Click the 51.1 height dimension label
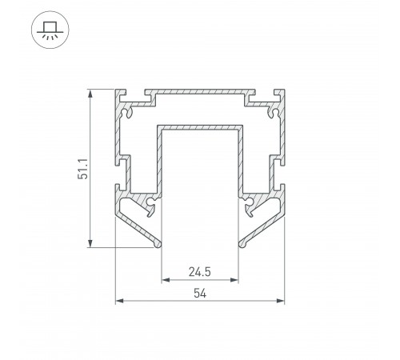[x=83, y=169]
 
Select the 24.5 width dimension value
[x=200, y=272]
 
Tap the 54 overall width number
[x=200, y=294]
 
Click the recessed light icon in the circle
[x=50, y=30]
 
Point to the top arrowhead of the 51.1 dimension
[x=90, y=94]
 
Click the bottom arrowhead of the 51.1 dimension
[x=90, y=243]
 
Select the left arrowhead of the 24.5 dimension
[x=166, y=280]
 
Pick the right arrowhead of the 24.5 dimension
[x=234, y=280]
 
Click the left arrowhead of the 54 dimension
[x=119, y=301]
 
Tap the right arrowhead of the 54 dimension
[x=280, y=301]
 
